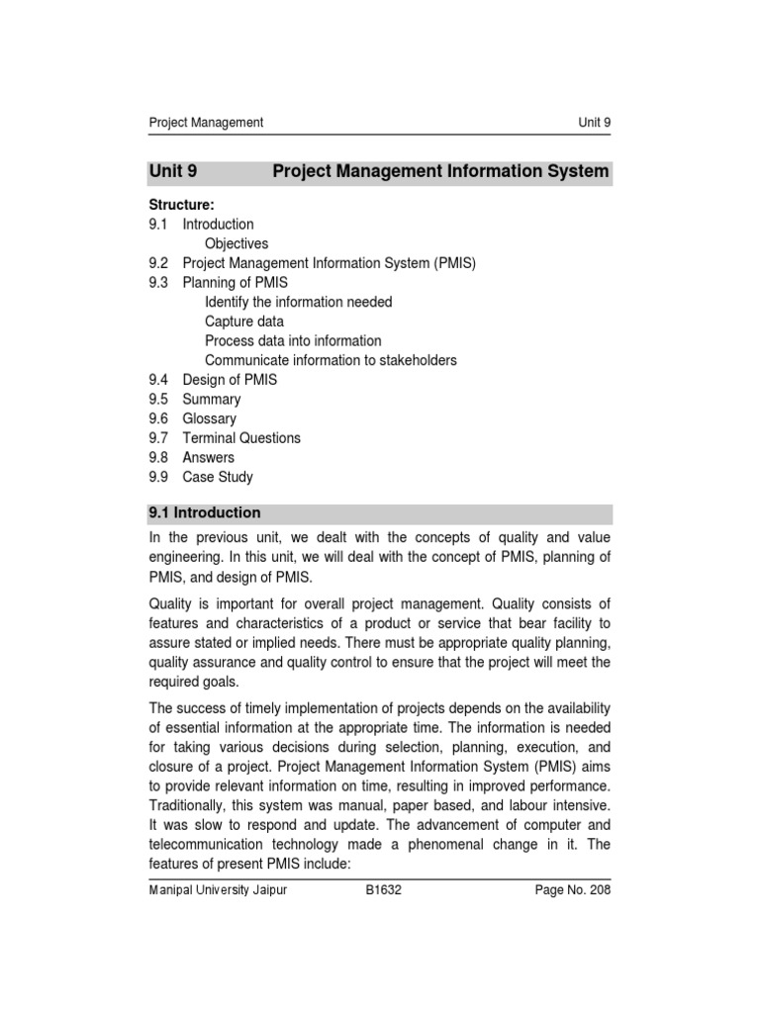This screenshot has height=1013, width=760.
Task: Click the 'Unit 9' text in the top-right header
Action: [594, 123]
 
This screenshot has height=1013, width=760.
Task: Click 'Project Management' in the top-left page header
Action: [206, 123]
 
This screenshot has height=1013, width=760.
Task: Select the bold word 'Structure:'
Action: [181, 205]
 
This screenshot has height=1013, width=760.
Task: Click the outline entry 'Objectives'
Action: [237, 243]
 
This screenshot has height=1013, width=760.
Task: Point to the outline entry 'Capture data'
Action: [243, 322]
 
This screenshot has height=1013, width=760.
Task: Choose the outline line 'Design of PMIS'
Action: [230, 380]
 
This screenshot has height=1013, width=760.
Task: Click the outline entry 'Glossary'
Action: [209, 418]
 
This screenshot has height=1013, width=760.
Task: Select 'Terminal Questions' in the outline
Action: [241, 438]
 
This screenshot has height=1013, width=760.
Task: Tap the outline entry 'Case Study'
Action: [218, 477]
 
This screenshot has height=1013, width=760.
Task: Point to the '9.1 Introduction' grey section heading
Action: [205, 513]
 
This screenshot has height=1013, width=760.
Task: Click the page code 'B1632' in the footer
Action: [383, 890]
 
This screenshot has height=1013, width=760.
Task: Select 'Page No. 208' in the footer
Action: [573, 890]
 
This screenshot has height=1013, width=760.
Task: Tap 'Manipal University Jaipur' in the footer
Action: [218, 890]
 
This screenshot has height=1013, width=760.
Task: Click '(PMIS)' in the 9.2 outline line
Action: [454, 263]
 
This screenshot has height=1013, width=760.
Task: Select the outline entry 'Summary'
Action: [212, 400]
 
